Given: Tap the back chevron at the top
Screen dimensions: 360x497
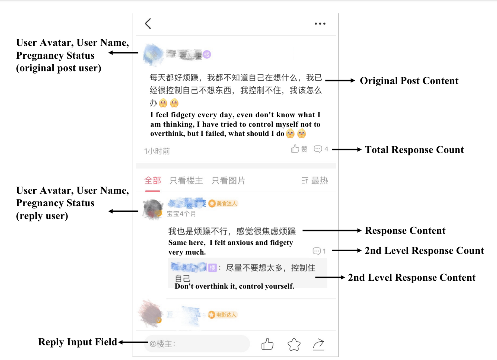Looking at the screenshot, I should [148, 24].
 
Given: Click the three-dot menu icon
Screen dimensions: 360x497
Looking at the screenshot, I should [320, 24].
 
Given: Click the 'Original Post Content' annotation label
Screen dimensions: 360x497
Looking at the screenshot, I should [409, 81].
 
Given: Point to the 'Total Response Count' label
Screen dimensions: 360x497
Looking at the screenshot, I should [414, 149].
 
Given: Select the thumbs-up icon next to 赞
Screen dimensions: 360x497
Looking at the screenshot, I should [295, 149].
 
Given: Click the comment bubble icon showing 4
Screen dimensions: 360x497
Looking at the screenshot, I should [318, 149].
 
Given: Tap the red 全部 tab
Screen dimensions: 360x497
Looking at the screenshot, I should [152, 180].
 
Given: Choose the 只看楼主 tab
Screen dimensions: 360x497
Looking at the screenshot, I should [186, 180].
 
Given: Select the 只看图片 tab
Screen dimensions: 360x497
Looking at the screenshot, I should [228, 180].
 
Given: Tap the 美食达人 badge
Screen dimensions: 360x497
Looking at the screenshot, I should [223, 203].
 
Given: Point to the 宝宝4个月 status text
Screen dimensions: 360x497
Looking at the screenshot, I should [181, 214].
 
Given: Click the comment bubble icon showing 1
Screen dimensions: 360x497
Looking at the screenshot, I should [317, 251].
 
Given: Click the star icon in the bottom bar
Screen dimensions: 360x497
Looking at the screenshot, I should [294, 344].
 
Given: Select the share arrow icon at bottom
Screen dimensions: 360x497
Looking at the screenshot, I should [318, 344].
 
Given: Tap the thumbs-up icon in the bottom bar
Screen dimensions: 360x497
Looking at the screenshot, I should [267, 344].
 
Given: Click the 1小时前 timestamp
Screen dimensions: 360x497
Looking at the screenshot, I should [157, 151].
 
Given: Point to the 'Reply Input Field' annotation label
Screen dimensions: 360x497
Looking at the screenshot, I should [77, 342].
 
